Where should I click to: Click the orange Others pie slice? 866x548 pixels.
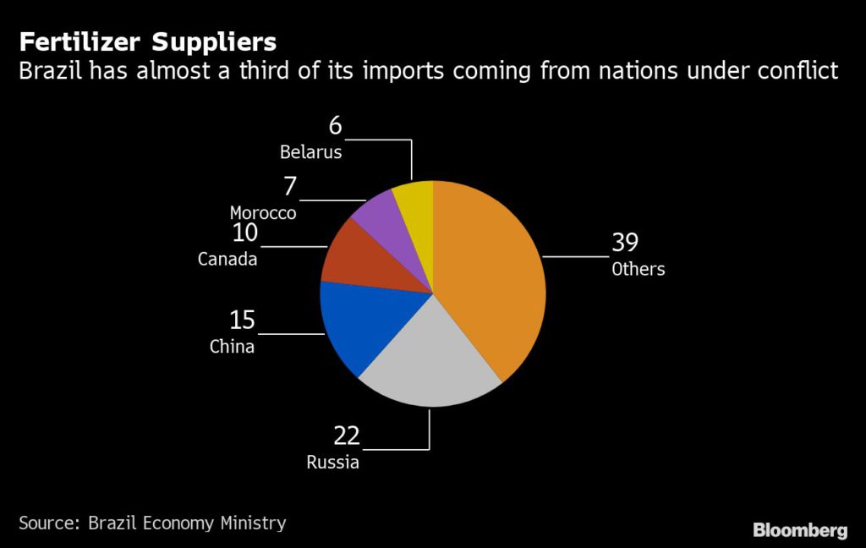click(x=491, y=271)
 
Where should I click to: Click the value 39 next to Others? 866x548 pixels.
click(x=625, y=244)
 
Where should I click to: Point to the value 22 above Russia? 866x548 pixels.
click(x=346, y=436)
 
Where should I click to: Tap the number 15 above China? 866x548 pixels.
click(x=242, y=321)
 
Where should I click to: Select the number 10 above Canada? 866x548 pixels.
click(x=244, y=233)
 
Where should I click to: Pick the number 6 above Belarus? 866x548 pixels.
click(x=336, y=126)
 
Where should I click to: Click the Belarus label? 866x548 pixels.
click(x=311, y=152)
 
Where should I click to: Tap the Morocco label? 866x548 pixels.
click(x=263, y=213)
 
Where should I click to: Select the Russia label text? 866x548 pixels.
click(x=332, y=463)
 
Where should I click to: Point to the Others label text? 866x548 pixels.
click(x=639, y=270)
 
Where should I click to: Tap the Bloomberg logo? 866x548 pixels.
click(x=800, y=530)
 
